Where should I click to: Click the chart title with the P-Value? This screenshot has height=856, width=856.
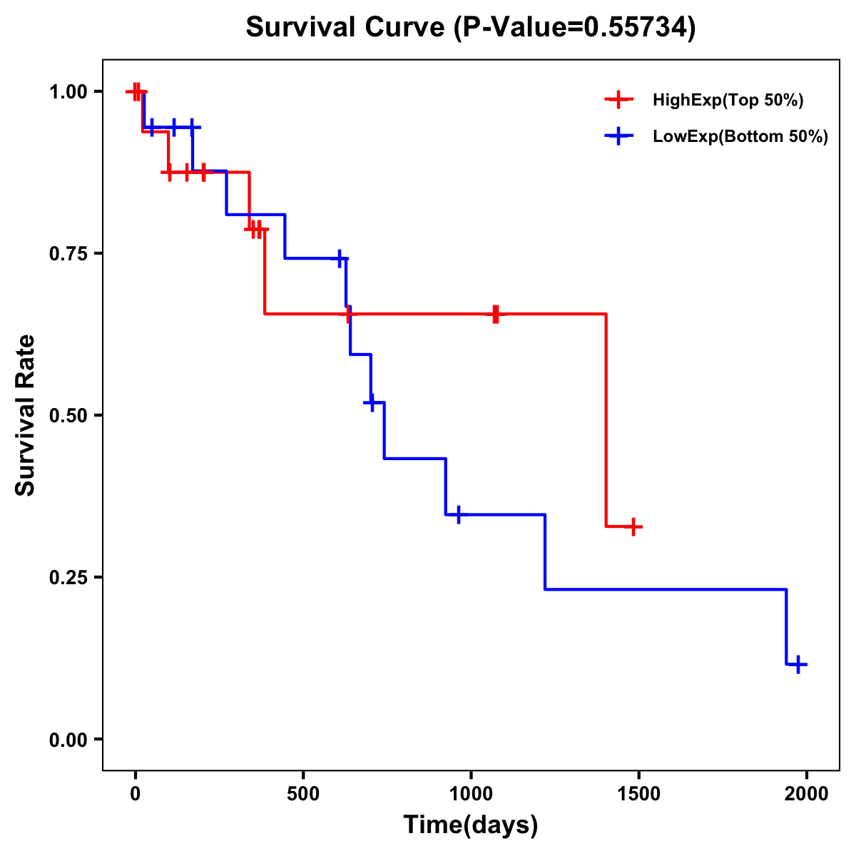click(471, 28)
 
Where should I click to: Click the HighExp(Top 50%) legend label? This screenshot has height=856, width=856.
click(728, 101)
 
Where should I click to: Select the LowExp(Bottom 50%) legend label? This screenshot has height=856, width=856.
click(740, 137)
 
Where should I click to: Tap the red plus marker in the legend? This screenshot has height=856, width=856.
click(619, 100)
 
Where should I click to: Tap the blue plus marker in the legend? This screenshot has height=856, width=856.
click(619, 136)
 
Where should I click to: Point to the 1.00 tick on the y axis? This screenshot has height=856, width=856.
click(68, 92)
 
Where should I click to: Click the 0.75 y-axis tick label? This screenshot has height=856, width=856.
click(68, 254)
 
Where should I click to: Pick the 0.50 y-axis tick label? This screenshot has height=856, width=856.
click(68, 416)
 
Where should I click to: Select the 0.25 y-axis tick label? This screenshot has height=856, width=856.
click(68, 578)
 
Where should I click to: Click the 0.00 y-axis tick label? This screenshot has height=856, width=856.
click(68, 740)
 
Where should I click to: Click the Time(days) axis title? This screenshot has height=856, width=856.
click(471, 825)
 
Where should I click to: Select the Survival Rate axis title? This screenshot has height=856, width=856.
click(26, 415)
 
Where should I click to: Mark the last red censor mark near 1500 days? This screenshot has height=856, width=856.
click(633, 527)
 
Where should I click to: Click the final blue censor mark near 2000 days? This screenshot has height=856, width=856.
click(798, 665)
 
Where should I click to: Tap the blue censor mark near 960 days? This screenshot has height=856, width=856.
click(458, 514)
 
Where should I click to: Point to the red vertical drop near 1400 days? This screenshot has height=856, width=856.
click(606, 421)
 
